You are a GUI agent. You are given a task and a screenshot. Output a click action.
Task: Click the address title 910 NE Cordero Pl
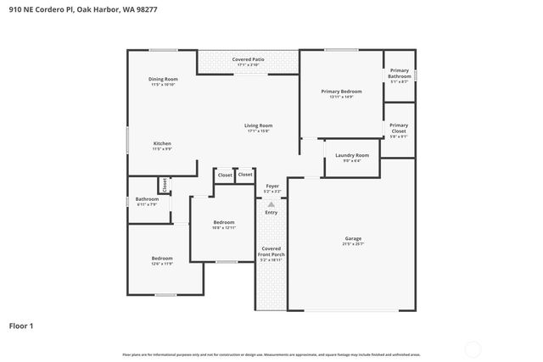[83, 9]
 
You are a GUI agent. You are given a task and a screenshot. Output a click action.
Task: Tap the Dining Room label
[164, 79]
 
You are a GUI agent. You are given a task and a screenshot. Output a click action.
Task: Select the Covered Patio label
[249, 59]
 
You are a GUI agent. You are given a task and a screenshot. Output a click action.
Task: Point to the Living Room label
[257, 125]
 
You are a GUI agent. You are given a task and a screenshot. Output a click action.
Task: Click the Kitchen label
[162, 143]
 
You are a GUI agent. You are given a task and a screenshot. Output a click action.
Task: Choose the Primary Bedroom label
[341, 91]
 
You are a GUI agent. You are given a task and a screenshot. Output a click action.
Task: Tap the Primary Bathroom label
[399, 73]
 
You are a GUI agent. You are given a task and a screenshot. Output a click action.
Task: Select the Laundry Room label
[351, 155]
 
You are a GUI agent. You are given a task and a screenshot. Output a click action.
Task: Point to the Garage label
[353, 238]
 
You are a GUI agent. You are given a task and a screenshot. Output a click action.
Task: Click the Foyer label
[271, 186]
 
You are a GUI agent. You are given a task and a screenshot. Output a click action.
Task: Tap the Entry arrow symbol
[271, 203]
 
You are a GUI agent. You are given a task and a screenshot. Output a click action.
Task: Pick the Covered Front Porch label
[271, 250]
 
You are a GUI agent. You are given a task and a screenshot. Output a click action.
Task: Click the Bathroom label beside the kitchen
[147, 199]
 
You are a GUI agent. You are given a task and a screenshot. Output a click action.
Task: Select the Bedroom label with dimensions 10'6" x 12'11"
[224, 222]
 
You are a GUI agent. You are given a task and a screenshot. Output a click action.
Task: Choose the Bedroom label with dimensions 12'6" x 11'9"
[162, 258]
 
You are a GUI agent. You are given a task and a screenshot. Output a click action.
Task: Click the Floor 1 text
[21, 326]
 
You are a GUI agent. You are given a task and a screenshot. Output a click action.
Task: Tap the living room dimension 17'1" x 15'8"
[257, 131]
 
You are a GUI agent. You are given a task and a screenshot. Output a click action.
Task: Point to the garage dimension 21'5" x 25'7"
[353, 244]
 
